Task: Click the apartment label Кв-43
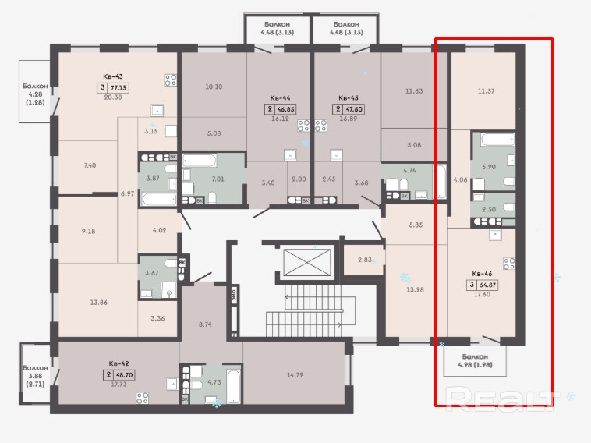click(x=113, y=76)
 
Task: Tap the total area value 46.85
click(x=285, y=109)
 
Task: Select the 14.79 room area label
click(x=295, y=375)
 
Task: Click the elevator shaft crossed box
click(x=307, y=262)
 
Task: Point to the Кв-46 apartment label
click(x=482, y=274)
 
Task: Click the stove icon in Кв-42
click(x=143, y=398)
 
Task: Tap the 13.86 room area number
click(x=99, y=302)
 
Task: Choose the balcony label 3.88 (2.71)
click(x=35, y=376)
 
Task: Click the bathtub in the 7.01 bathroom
click(x=200, y=160)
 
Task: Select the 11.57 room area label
click(x=486, y=91)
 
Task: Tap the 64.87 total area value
click(x=487, y=285)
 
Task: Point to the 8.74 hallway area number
click(x=205, y=324)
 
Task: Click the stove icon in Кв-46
click(x=509, y=264)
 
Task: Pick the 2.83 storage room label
click(x=364, y=260)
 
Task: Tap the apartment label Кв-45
click(x=349, y=98)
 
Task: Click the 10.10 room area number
click(x=214, y=87)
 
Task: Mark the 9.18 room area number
click(x=89, y=231)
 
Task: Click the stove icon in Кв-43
click(x=171, y=80)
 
